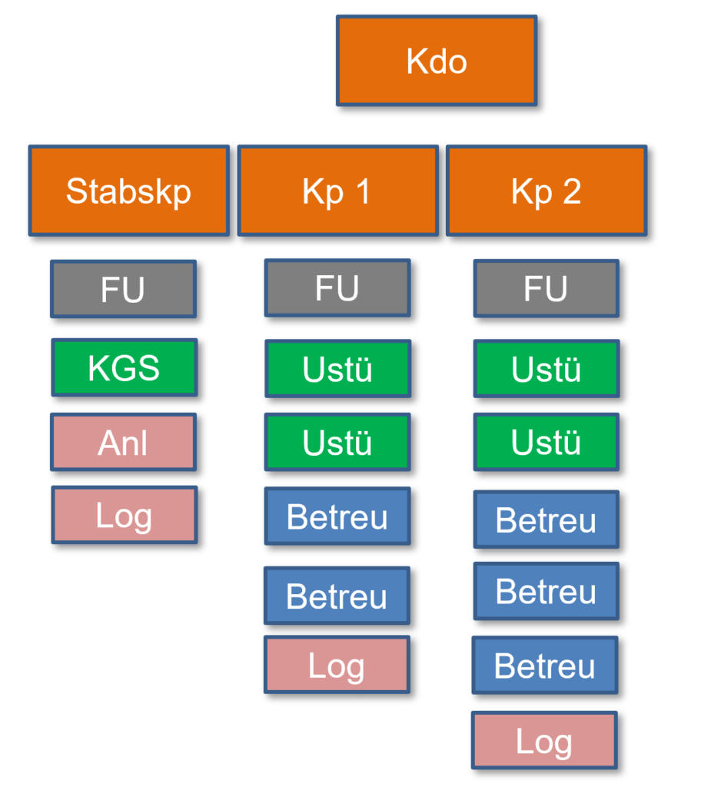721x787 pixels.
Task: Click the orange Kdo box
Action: (x=437, y=61)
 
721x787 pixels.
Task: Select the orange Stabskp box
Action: (x=129, y=191)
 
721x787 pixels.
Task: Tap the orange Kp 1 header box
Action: (x=337, y=191)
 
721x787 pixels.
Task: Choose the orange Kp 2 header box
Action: (x=546, y=191)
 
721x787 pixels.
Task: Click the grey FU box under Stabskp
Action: (x=123, y=289)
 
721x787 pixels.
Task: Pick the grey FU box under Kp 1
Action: (x=337, y=288)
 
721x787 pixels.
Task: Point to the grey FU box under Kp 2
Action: (x=546, y=288)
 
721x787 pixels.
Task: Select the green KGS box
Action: (x=124, y=367)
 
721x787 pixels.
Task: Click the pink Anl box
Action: (x=123, y=442)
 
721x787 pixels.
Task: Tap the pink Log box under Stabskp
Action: (x=124, y=515)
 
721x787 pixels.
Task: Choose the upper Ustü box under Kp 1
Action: (x=337, y=369)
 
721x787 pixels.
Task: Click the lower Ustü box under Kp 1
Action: (x=337, y=442)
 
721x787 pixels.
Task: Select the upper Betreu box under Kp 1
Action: (x=337, y=516)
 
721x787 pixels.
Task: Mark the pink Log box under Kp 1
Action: (x=337, y=665)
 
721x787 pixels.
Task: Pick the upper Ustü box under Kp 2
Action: (x=546, y=369)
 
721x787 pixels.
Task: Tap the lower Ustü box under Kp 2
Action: (x=546, y=442)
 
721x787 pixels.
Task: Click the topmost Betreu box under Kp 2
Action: (x=546, y=520)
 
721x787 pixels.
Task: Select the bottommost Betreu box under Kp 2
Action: (x=545, y=666)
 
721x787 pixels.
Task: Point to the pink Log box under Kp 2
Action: (x=544, y=740)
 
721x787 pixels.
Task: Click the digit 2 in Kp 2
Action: (x=571, y=192)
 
